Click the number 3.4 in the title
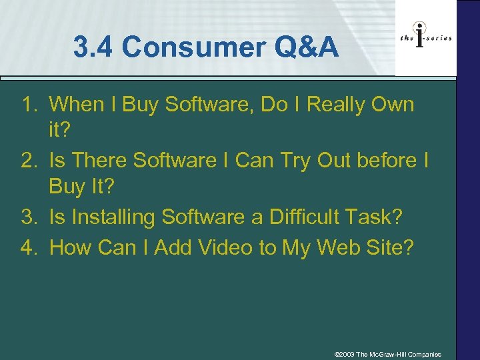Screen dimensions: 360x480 (95, 48)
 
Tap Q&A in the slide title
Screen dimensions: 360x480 (310, 48)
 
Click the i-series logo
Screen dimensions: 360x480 (425, 38)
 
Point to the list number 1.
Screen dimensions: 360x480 (30, 105)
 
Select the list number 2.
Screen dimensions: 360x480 (30, 161)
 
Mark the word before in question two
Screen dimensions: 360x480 (387, 161)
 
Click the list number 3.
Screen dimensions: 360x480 (30, 217)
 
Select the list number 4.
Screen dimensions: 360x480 (30, 248)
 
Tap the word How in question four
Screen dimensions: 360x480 (71, 248)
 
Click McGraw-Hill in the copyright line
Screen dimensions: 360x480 (389, 354)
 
